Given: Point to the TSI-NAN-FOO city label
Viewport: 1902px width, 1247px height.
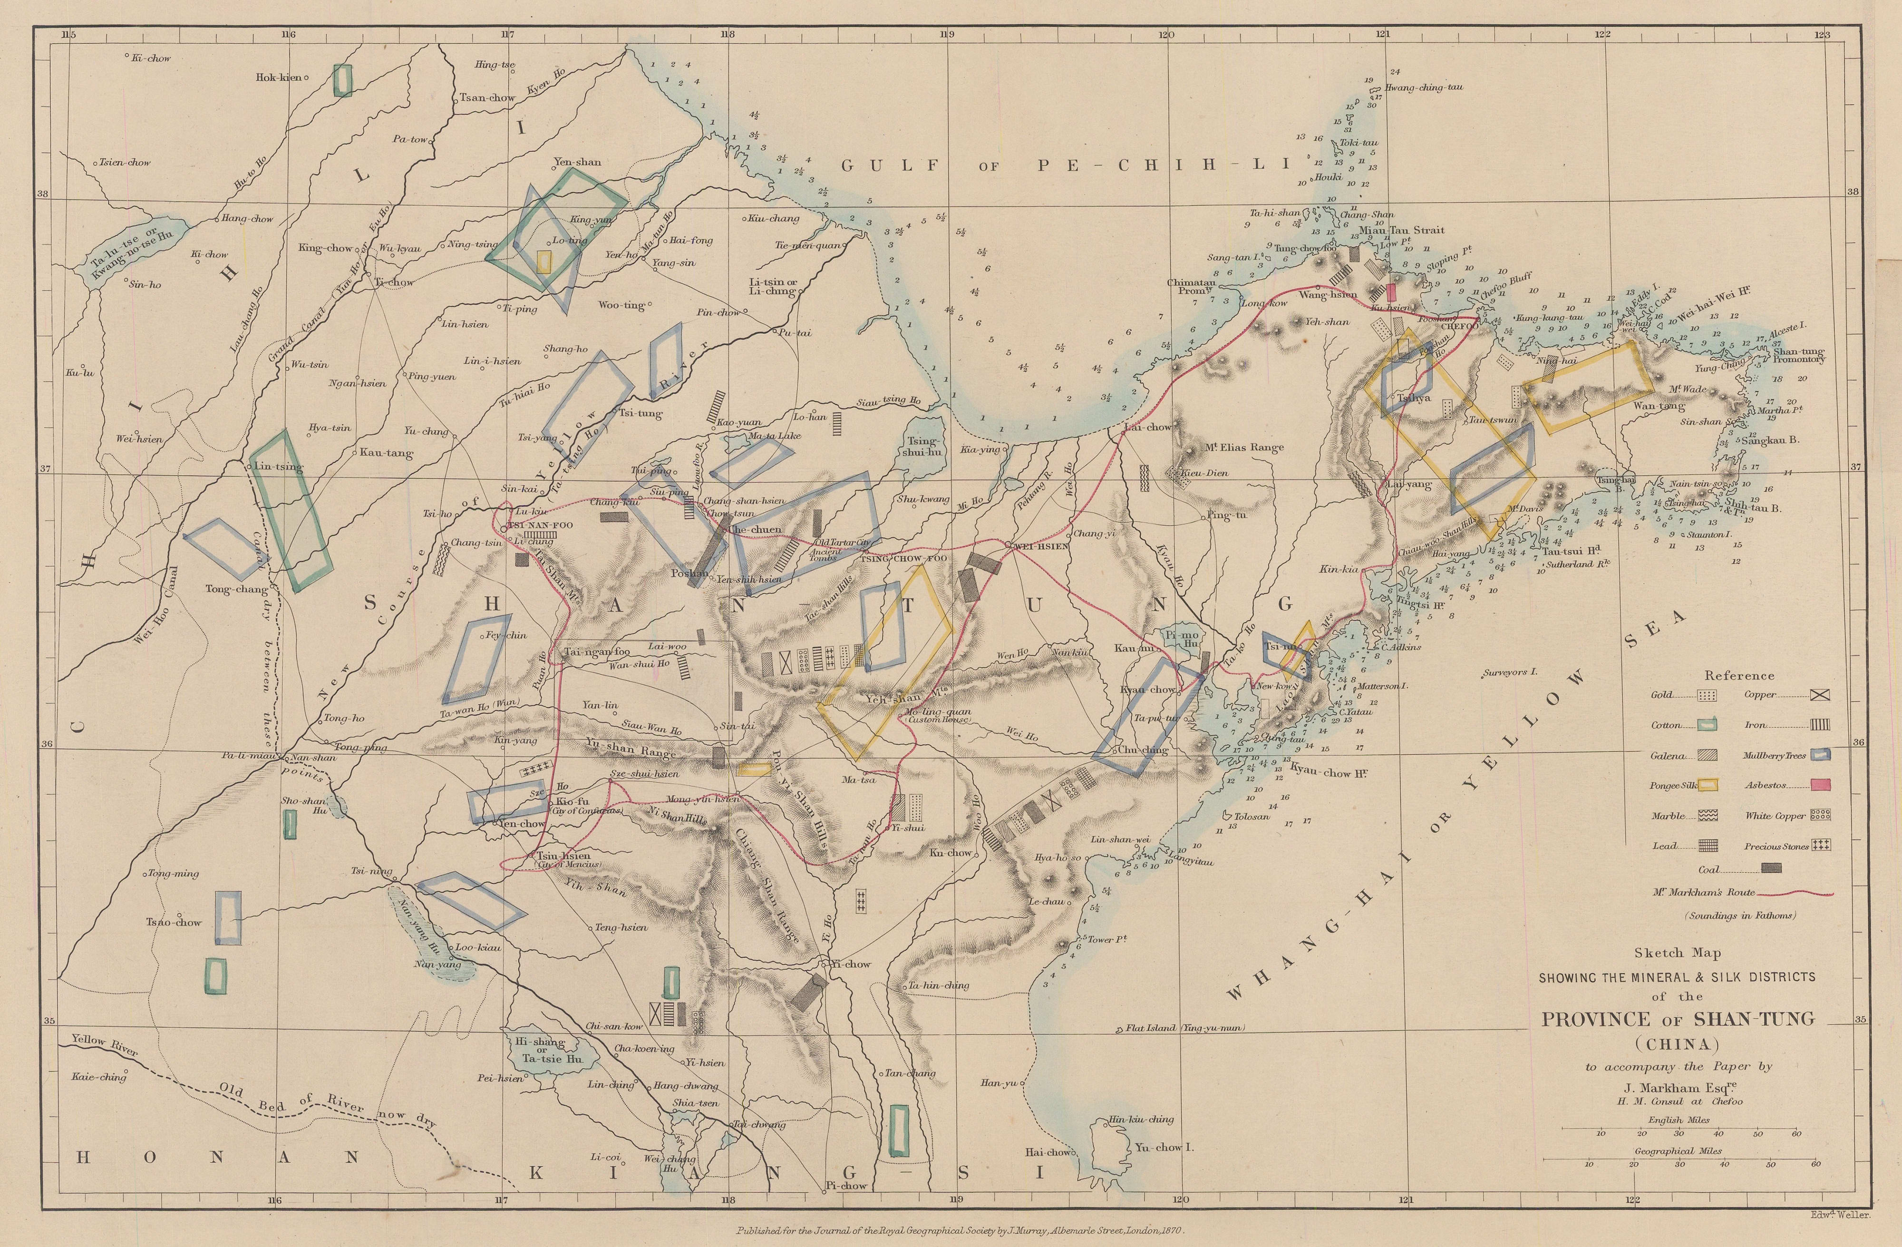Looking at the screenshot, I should [x=540, y=525].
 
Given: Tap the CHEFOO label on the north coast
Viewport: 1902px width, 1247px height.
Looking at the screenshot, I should [x=1460, y=326].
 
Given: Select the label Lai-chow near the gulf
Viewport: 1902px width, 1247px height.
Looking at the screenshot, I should [x=1147, y=427].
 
